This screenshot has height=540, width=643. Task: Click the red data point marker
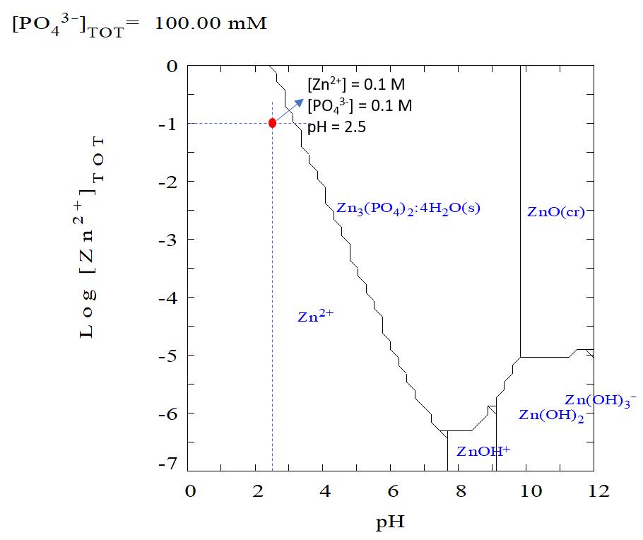[272, 122]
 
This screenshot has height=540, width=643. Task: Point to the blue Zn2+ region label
[315, 317]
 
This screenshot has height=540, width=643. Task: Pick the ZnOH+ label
[483, 451]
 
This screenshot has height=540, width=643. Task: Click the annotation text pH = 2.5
[336, 128]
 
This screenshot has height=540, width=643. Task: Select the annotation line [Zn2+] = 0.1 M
[356, 85]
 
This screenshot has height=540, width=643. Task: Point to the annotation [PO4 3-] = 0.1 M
[359, 106]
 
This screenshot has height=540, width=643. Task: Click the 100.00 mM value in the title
[211, 23]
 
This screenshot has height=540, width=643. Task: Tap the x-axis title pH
[391, 524]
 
